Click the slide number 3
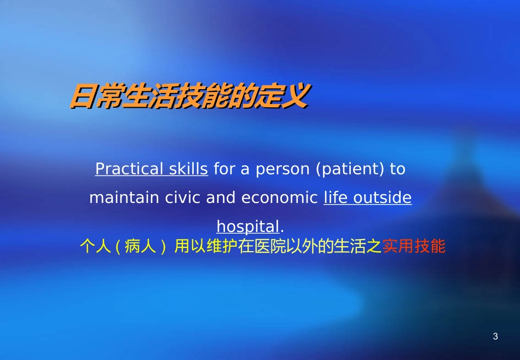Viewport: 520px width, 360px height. (495, 336)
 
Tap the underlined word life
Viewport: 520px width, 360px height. (336, 198)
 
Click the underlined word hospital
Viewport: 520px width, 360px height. (248, 227)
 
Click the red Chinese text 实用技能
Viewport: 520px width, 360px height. (414, 247)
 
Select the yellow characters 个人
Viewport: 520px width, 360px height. (96, 247)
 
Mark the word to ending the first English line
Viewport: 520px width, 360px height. (397, 169)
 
